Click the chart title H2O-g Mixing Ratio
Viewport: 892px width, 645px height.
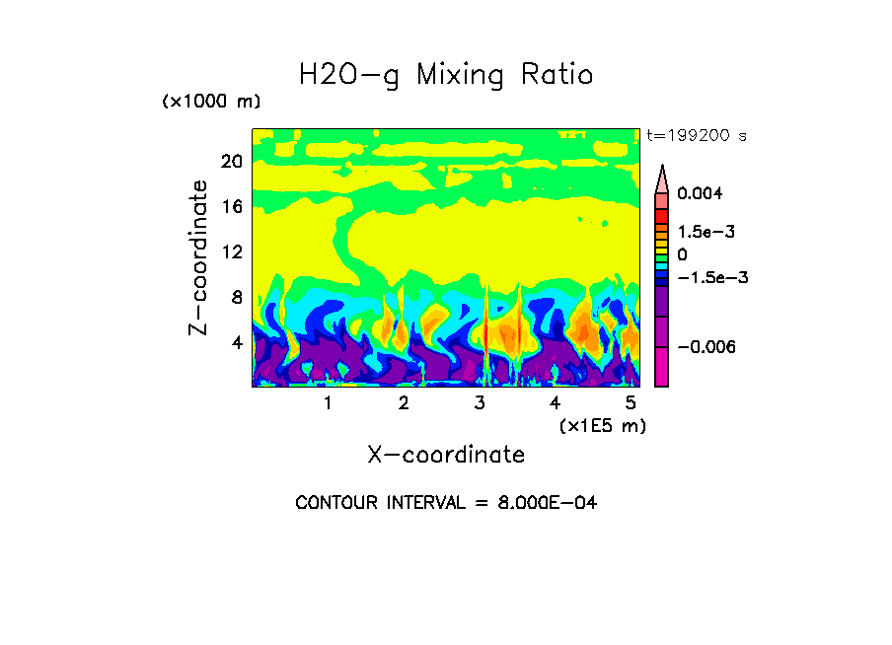tap(446, 75)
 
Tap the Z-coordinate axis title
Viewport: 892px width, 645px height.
tap(199, 257)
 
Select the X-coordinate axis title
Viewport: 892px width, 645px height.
tap(446, 455)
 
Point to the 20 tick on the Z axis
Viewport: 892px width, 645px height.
tap(231, 161)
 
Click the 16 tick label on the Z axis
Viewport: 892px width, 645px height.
tap(231, 206)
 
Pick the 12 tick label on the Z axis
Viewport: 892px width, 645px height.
tap(231, 251)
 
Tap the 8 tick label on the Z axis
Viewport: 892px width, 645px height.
tap(236, 297)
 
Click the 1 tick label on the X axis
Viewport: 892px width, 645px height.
tap(328, 403)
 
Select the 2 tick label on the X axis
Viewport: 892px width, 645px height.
tap(404, 403)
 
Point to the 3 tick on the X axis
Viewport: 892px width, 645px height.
tap(480, 403)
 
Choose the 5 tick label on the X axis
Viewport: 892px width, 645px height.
tap(631, 403)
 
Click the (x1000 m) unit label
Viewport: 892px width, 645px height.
tap(210, 103)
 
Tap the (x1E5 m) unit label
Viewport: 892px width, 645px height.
tap(602, 426)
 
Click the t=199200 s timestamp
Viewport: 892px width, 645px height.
tap(696, 135)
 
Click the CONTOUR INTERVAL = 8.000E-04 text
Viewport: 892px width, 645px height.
tap(446, 503)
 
